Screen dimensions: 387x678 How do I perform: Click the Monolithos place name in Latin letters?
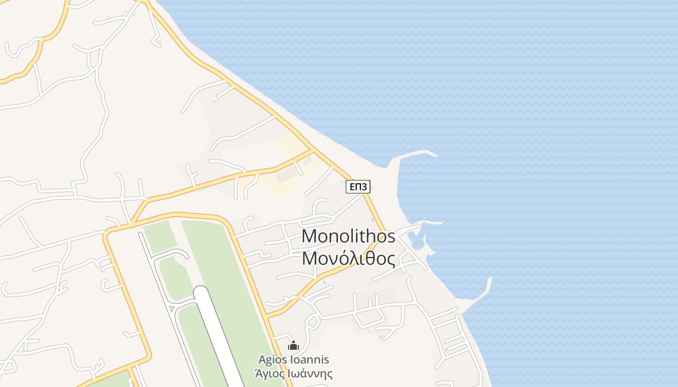[x=348, y=237]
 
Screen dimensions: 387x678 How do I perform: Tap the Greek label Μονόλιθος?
[x=348, y=259]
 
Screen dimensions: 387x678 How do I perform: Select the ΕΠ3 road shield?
[x=358, y=187]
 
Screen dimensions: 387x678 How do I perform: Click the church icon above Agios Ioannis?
[x=293, y=345]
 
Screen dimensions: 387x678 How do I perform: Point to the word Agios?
[x=273, y=360]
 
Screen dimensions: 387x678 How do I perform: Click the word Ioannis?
[x=309, y=360]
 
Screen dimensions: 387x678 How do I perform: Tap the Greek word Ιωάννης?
[x=310, y=373]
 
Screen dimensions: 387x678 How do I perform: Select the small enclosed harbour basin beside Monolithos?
[x=415, y=239]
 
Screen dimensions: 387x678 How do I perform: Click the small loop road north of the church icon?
[x=312, y=321]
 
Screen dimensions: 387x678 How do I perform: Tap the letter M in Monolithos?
[x=310, y=237]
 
